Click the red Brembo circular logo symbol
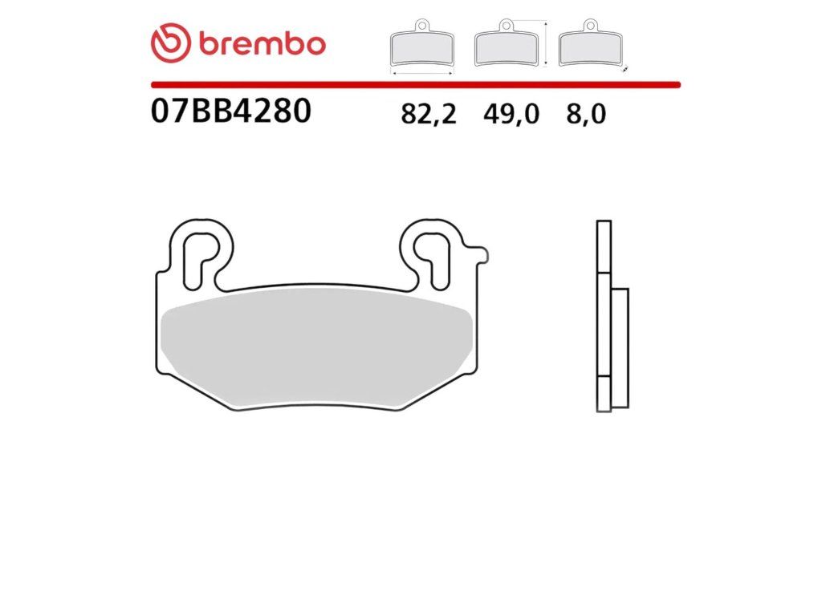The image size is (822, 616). pyautogui.click(x=170, y=43)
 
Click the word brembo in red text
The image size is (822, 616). pyautogui.click(x=262, y=44)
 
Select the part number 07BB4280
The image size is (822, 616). pyautogui.click(x=230, y=111)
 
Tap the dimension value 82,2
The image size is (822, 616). pyautogui.click(x=429, y=114)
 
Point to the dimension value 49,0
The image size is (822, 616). pyautogui.click(x=511, y=114)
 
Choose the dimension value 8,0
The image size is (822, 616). pyautogui.click(x=586, y=114)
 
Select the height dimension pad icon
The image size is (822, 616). pyautogui.click(x=506, y=43)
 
